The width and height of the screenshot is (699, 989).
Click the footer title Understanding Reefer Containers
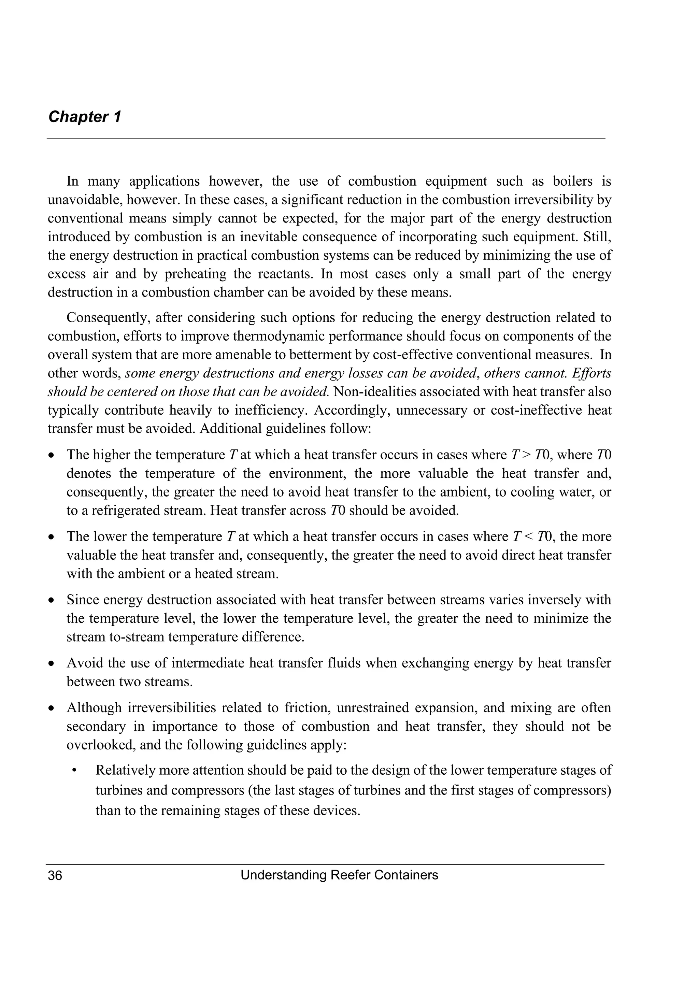point(339,875)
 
